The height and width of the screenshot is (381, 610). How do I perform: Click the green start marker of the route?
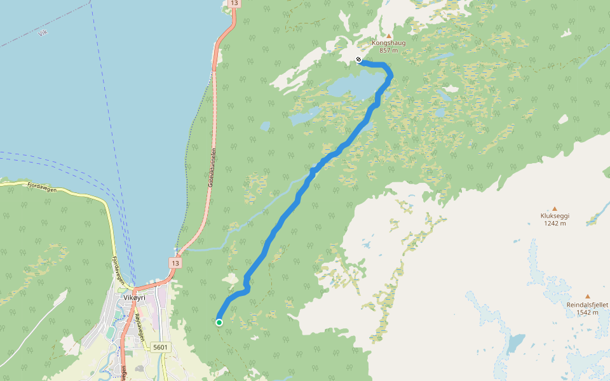tap(219, 323)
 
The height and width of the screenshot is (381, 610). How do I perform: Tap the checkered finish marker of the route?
tap(358, 60)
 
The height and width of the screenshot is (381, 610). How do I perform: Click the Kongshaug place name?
tap(388, 43)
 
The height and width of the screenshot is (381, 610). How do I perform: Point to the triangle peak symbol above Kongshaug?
tap(389, 36)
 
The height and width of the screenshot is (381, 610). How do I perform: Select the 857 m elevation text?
tap(388, 50)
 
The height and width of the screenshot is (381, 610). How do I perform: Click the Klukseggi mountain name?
tap(554, 216)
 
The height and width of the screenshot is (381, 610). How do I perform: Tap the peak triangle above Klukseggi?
tap(554, 208)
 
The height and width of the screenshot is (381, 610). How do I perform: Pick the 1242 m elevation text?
tap(554, 223)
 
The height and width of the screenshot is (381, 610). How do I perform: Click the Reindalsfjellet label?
tap(587, 305)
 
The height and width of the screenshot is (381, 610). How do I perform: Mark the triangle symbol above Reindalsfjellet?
tap(587, 297)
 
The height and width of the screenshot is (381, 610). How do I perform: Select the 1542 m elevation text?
tap(587, 312)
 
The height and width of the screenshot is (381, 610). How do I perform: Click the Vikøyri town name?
tap(134, 297)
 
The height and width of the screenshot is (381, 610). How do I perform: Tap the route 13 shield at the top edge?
tap(234, 4)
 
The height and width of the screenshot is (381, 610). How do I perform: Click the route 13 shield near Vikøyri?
tap(175, 263)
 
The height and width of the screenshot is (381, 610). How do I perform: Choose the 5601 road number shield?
tap(161, 347)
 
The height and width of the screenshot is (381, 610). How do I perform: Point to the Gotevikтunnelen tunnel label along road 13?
tap(212, 171)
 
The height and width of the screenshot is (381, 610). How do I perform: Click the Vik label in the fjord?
tap(43, 33)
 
